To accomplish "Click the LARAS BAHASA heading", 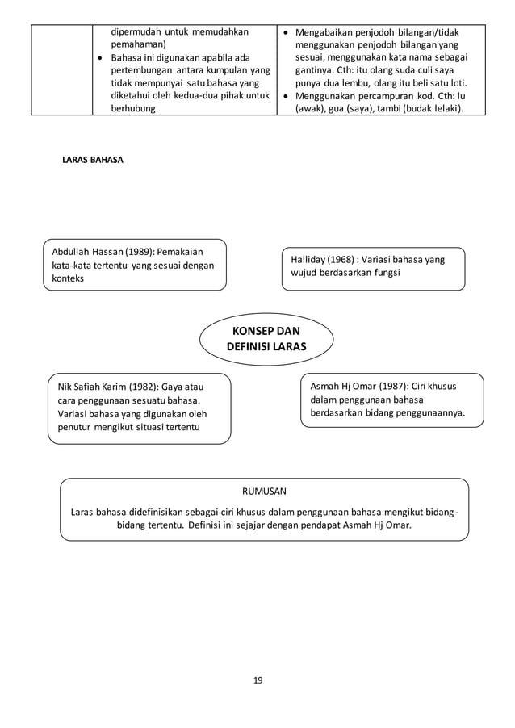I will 93,160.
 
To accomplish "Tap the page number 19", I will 257,680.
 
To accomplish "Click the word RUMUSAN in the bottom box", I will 265,491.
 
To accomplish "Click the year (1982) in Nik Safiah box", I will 143,387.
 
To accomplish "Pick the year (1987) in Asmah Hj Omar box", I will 392,387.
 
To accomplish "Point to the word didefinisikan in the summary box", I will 158,512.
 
